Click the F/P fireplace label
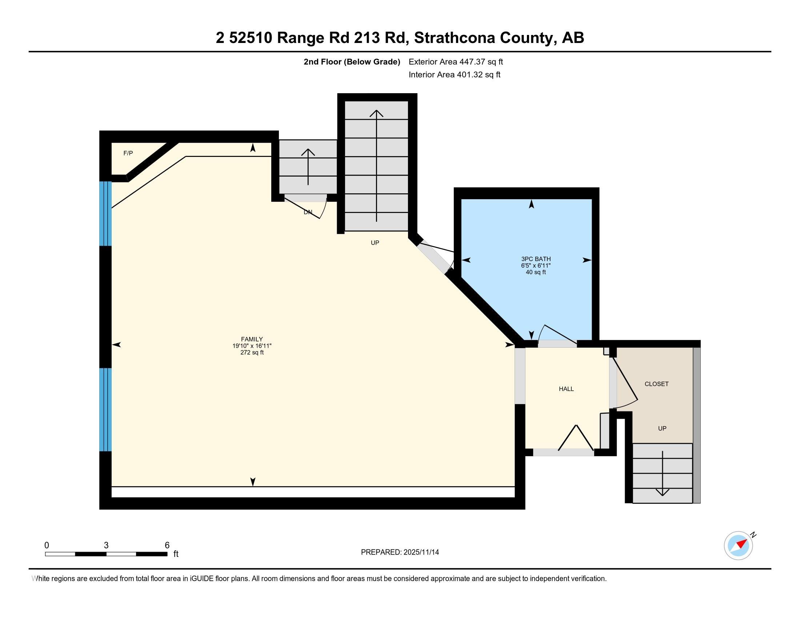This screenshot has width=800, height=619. pos(128,153)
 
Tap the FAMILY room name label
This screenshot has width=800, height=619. pos(252,339)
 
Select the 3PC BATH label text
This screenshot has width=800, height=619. pos(536,259)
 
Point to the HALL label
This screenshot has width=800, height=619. pos(566,389)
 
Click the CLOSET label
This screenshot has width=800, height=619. pos(656,384)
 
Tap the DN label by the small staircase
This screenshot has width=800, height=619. pos(308,212)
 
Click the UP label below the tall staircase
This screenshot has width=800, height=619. pos(375,243)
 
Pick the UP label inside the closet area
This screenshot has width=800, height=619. pos(662,428)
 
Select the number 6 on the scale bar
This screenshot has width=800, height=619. pos(167,545)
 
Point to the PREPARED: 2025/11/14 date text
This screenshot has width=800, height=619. pos(400,552)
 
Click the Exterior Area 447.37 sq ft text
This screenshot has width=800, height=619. pos(456,62)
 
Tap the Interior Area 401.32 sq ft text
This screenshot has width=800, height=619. pos(454,75)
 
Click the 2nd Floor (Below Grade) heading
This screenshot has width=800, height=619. pos(352,62)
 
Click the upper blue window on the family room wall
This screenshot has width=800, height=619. pos(105,213)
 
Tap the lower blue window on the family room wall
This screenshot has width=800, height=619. pos(105,409)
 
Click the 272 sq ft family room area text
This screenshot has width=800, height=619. pos(252,353)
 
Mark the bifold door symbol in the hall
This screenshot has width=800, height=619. pos(576,438)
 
